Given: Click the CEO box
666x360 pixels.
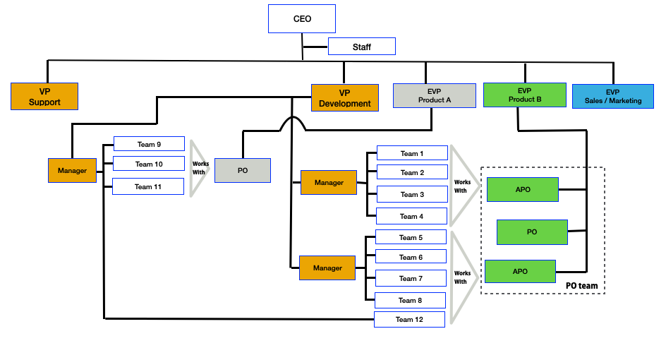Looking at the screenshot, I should pos(302,18).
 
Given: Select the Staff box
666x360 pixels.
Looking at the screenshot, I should pos(361,47).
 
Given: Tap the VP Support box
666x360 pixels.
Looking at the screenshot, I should pos(44,97).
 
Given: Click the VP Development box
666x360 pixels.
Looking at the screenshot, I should pos(344,97).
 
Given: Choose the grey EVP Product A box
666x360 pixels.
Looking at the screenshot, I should pos(435,95).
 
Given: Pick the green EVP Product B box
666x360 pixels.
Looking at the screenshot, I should pos(524,95).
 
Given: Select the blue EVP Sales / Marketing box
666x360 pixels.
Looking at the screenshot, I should pos(612,96).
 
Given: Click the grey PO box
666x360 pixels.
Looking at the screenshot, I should pos(243,171).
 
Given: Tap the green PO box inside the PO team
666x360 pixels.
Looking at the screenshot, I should pos(532,232).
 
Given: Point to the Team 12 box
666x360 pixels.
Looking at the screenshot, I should pos(409,319).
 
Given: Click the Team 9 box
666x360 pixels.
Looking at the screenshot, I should pos(149,144).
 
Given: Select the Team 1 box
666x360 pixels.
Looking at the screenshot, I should pos(412,153).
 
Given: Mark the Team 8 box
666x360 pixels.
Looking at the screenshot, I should pos(411,300).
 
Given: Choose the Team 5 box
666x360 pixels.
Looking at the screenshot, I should pos(411,237).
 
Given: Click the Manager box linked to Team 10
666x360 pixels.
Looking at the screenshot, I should pos(72,170).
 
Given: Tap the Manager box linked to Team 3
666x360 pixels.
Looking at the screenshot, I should pos(329,183).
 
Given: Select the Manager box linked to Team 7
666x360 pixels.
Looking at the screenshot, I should pos(327,268).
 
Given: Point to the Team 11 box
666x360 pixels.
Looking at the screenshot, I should pos(148,186).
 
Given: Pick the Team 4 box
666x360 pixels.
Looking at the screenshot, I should pos(412,216).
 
